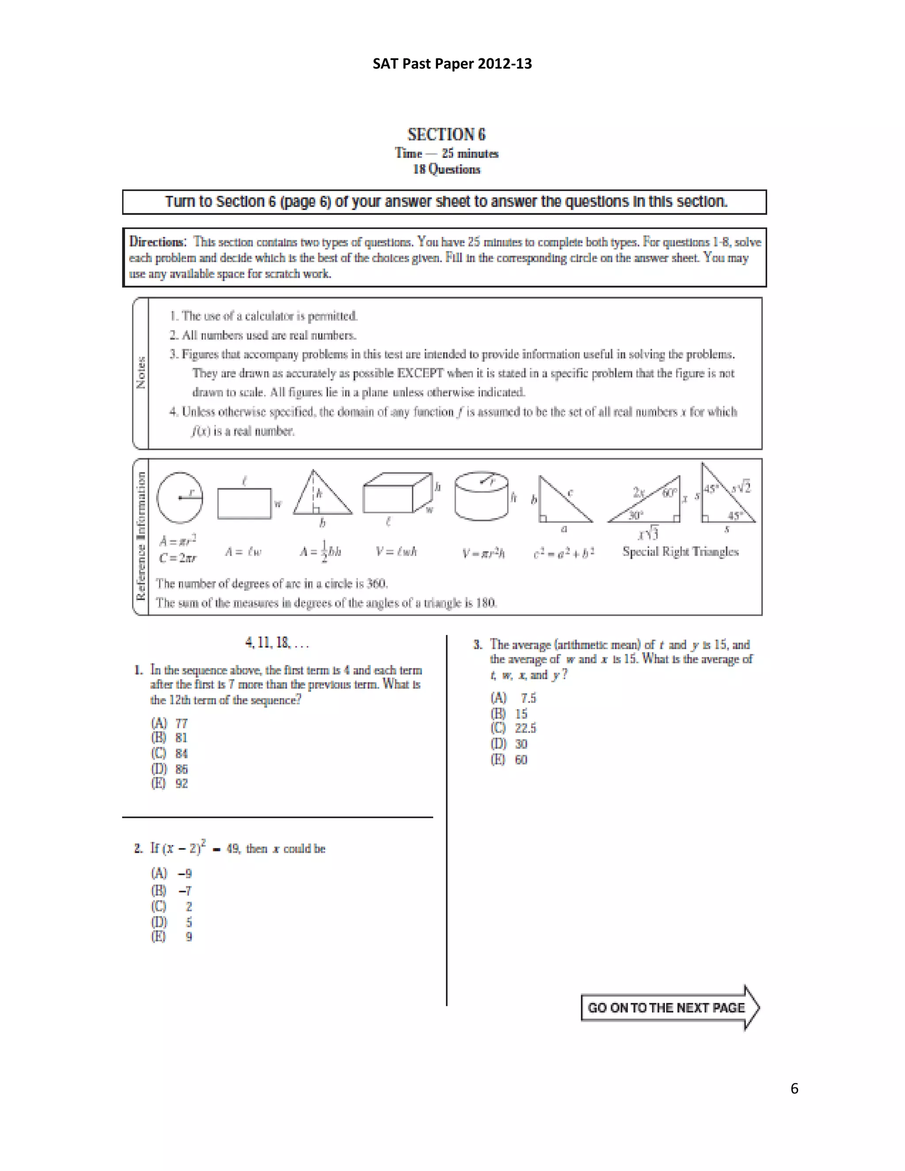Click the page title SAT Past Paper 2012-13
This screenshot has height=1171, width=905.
(x=452, y=64)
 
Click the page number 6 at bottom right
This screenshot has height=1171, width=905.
(x=794, y=1088)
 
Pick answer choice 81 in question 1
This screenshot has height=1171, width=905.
(x=169, y=738)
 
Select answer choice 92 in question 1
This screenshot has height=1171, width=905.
(x=169, y=783)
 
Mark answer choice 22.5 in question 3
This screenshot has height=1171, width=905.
(x=513, y=728)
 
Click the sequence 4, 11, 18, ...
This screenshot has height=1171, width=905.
(x=277, y=643)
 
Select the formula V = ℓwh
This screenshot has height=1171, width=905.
(x=396, y=551)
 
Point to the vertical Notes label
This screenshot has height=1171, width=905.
(x=141, y=373)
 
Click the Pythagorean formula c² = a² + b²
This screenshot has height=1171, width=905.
(x=563, y=552)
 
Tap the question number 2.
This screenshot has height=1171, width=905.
(x=138, y=848)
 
